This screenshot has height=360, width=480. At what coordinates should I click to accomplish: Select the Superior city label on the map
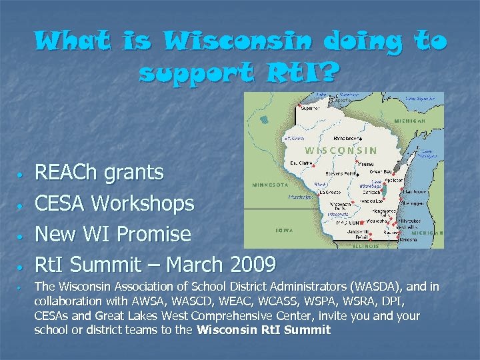click(309, 108)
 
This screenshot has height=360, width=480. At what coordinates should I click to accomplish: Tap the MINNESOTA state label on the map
click(269, 185)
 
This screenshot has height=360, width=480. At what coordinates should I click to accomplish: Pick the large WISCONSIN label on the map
click(341, 151)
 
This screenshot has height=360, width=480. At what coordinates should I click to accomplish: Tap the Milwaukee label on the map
click(409, 220)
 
